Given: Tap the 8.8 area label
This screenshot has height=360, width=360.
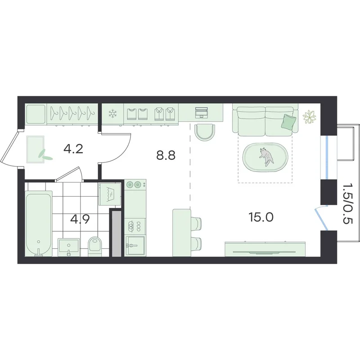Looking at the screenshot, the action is pos(166,155).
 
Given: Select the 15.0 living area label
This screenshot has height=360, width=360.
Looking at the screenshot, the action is pos(261,217).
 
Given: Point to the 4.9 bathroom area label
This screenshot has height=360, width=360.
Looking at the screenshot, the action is pos(80,219).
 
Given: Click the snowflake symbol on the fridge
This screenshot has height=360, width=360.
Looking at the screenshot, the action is pos(112,114).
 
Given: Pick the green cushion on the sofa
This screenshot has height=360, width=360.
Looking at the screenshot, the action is pos(288,121).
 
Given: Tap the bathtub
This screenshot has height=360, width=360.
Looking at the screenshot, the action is pos(39,224).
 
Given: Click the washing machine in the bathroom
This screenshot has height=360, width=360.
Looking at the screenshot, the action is pos(110,194).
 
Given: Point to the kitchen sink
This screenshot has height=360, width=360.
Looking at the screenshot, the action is pos(135,246).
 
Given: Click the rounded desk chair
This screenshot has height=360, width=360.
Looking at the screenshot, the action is pos(205,132).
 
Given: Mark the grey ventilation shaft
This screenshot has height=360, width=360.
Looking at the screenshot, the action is pos(117,234).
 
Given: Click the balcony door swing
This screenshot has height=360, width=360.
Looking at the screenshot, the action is pos(321,218).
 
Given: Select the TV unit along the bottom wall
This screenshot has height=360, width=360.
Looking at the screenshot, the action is pos(265,249).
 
